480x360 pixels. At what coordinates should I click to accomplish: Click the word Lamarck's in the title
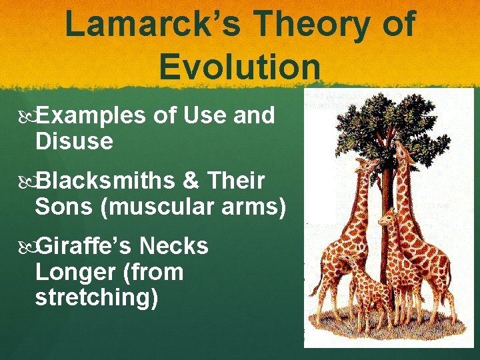(x=154, y=25)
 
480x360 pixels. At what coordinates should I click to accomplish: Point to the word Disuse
(x=73, y=141)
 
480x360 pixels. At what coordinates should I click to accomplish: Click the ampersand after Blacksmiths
(x=191, y=181)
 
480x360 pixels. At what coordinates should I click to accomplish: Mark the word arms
(x=256, y=207)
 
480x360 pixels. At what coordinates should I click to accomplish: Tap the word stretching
(x=96, y=298)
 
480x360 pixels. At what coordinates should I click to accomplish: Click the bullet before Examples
(x=27, y=117)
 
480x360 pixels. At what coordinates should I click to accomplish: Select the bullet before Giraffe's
(x=27, y=247)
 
